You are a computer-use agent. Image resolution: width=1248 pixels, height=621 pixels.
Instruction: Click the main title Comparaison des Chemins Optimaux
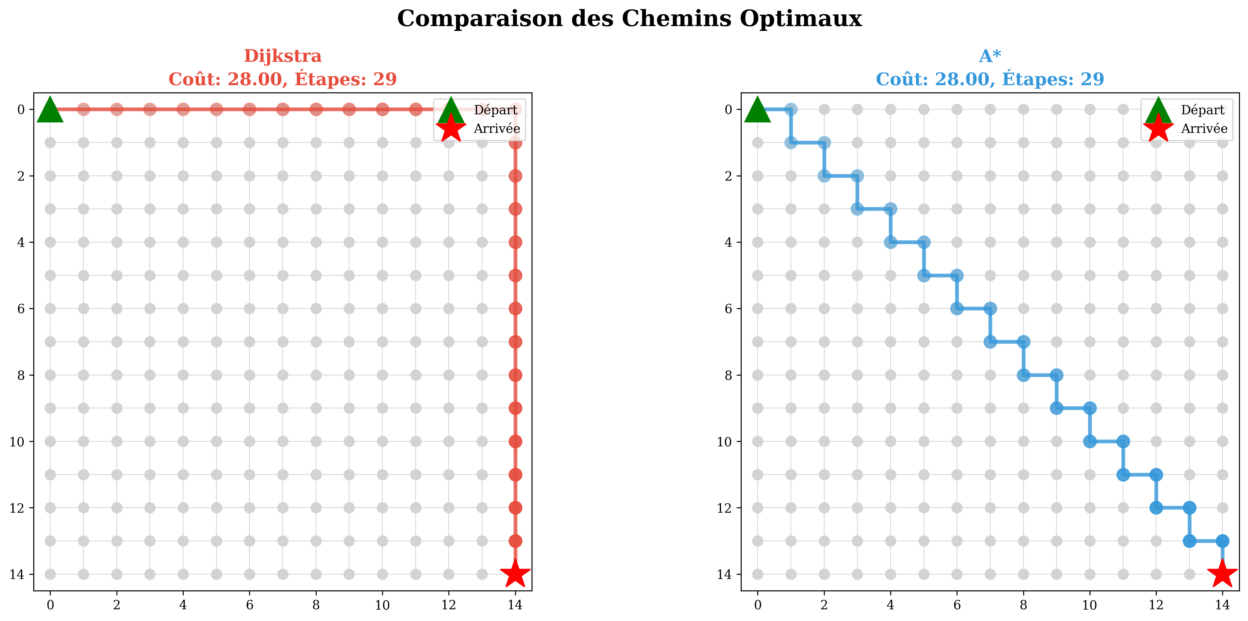pos(629,19)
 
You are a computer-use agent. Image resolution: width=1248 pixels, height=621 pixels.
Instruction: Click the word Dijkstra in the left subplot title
pos(282,56)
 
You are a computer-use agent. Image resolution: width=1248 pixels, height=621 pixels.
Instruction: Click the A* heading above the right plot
pos(990,56)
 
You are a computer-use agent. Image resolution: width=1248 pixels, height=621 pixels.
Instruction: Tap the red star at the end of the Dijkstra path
pos(515,574)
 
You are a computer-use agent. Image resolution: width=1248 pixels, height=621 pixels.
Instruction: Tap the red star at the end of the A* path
pos(1222,574)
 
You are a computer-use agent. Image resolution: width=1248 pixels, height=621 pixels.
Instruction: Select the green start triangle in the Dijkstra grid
pos(50,110)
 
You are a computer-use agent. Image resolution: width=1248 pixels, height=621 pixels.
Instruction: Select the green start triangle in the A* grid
pos(757,110)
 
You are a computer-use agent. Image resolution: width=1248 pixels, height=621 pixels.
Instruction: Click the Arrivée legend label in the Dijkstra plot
pos(496,129)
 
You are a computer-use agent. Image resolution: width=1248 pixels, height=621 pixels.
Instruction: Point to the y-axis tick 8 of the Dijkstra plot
pos(21,375)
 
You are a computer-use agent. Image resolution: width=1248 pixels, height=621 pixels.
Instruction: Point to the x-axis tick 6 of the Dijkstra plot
pos(249,605)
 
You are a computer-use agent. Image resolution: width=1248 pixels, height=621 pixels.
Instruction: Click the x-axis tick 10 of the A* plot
pos(1090,605)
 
